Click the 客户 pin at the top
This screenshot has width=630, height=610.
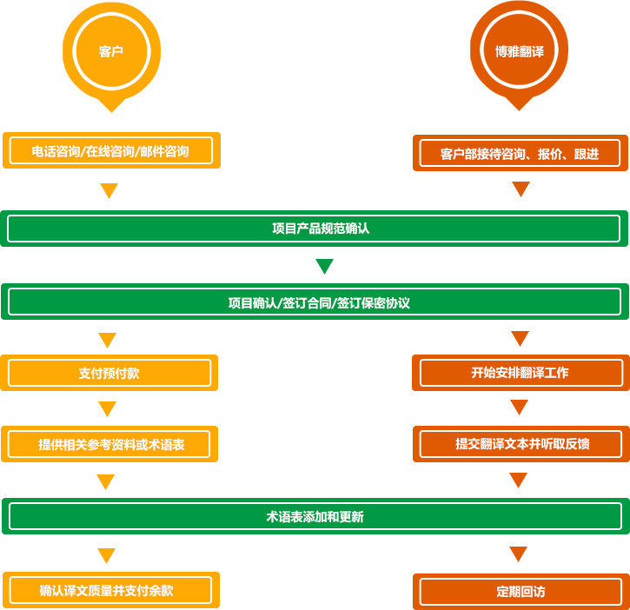(x=111, y=52)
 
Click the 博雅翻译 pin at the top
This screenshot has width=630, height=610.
(x=519, y=52)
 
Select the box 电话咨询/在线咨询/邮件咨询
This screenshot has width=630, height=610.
(x=110, y=151)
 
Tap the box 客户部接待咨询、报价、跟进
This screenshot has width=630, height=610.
(x=520, y=154)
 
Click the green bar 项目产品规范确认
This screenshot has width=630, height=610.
(x=315, y=229)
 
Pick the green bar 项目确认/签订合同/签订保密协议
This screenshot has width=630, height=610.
(x=315, y=302)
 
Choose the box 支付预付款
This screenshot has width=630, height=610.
(x=109, y=373)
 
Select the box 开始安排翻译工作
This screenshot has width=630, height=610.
(x=520, y=373)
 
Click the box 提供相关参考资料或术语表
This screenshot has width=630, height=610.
(x=109, y=444)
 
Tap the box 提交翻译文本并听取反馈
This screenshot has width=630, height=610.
(x=520, y=444)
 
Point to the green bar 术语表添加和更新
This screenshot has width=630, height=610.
(x=315, y=516)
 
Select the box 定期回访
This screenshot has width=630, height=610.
(x=520, y=592)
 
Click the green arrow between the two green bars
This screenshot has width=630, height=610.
(x=325, y=266)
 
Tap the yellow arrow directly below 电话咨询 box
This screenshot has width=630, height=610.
(x=109, y=191)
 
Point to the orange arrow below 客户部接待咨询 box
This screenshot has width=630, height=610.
(x=521, y=189)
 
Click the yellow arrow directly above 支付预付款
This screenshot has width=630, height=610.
(x=107, y=340)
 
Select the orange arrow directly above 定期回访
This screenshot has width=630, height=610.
(x=519, y=554)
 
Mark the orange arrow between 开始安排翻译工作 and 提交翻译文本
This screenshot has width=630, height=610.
(x=519, y=408)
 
